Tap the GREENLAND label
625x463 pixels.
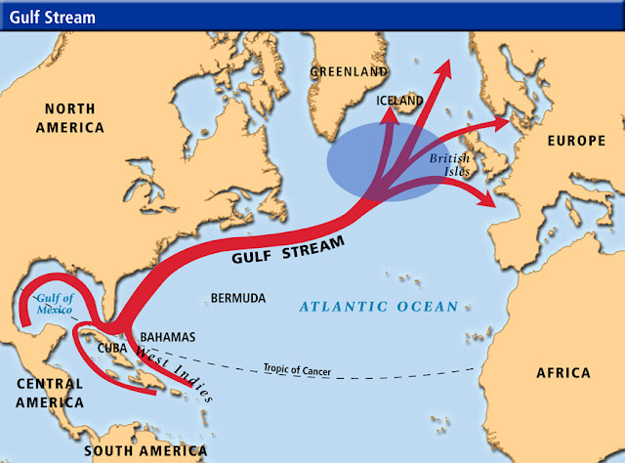[347, 72]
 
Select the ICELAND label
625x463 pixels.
[399, 101]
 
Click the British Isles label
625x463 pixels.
[450, 163]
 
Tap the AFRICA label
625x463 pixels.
[563, 373]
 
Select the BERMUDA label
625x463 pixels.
[239, 298]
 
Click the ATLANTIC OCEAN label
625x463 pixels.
[378, 307]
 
